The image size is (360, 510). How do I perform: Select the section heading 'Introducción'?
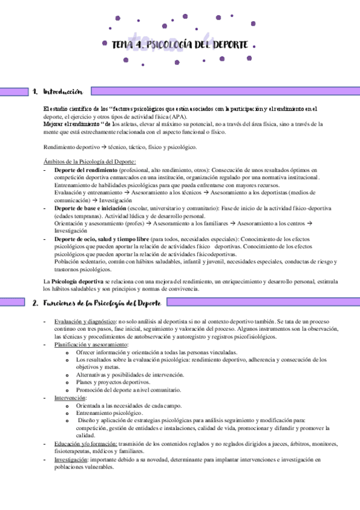point(63,91)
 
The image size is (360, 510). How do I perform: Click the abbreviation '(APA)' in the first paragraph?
point(178,117)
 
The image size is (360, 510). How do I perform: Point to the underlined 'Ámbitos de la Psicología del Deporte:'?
point(90,161)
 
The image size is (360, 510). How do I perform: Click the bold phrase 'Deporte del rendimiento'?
point(83,170)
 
